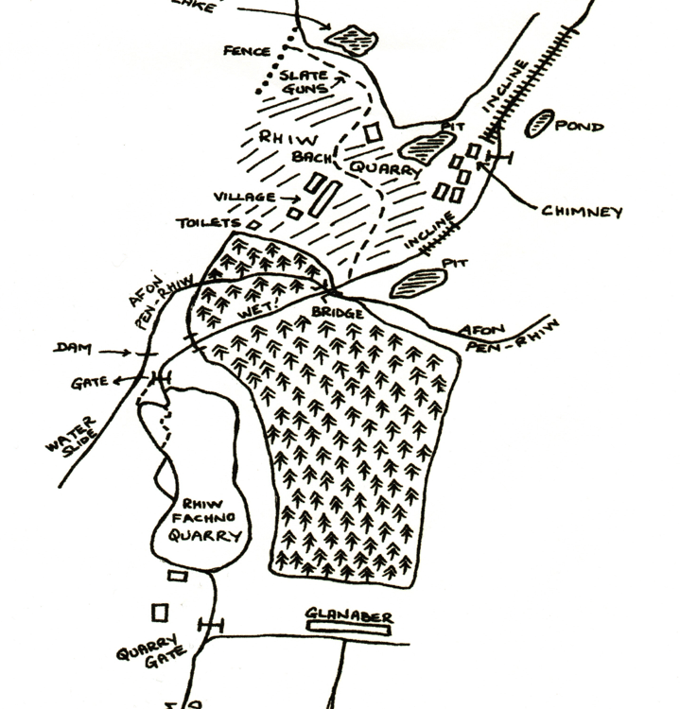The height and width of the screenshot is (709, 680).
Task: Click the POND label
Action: tap(579, 126)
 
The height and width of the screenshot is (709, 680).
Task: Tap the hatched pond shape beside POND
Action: tap(540, 124)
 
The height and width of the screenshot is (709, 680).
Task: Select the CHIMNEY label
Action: tap(583, 212)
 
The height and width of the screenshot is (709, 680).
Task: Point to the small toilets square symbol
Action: tap(253, 224)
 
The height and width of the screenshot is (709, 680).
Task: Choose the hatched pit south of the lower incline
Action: tap(416, 281)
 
